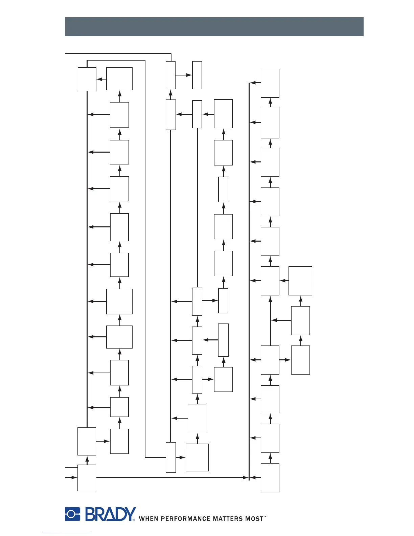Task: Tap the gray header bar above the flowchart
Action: pyautogui.click(x=214, y=27)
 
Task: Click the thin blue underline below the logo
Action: pyautogui.click(x=67, y=533)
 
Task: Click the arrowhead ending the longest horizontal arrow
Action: pyautogui.click(x=246, y=477)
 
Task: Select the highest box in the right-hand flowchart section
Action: pyautogui.click(x=270, y=83)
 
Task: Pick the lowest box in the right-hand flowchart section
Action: pyautogui.click(x=270, y=477)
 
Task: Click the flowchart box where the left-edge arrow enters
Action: pyautogui.click(x=87, y=477)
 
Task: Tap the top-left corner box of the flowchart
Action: pyautogui.click(x=87, y=79)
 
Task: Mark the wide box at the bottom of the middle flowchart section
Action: pyautogui.click(x=197, y=457)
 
